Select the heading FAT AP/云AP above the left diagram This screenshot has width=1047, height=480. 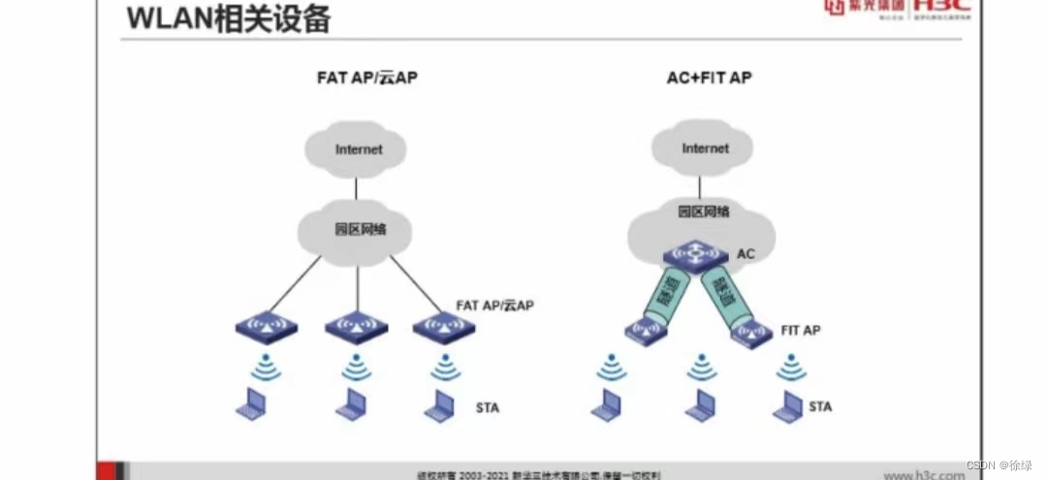click(365, 77)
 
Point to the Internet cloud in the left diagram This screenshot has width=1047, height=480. click(358, 150)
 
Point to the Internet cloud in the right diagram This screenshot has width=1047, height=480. click(705, 149)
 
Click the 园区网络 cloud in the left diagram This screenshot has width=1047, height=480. click(360, 231)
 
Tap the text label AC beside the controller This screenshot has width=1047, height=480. click(746, 254)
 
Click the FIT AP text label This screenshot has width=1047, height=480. click(800, 331)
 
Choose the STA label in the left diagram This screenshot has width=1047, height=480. click(487, 407)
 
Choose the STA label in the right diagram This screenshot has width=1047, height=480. click(819, 406)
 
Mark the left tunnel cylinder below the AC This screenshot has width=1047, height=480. click(664, 293)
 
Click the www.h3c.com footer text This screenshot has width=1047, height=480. click(924, 474)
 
